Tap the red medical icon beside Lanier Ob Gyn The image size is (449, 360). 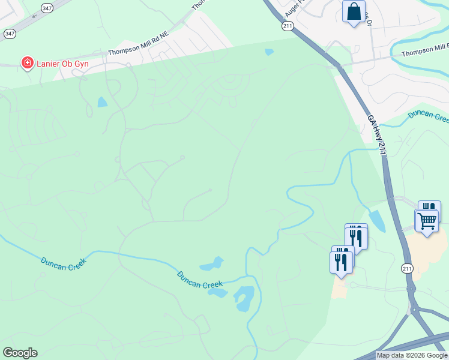click(27, 62)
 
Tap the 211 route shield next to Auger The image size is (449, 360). click(288, 26)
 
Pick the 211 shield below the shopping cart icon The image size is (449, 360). click(408, 268)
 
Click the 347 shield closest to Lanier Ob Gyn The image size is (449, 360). click(10, 34)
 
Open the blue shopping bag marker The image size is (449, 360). click(354, 11)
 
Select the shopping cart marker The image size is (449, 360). click(427, 221)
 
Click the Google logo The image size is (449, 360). click(20, 353)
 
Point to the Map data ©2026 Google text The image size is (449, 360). click(412, 356)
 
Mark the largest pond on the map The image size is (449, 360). click(244, 298)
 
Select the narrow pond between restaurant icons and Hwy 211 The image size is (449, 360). click(377, 220)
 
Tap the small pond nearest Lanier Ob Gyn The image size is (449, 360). click(103, 102)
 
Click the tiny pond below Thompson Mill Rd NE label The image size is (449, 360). click(269, 52)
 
